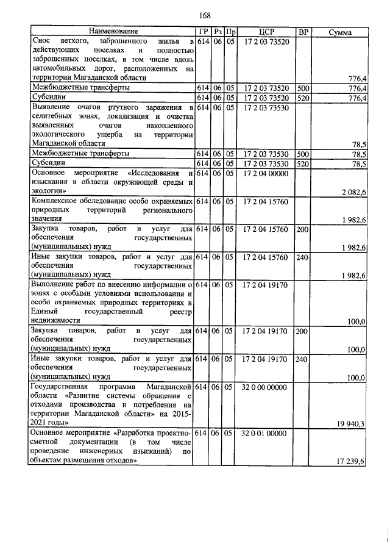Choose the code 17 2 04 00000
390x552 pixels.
[266, 173]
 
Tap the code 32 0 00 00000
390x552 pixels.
[266, 387]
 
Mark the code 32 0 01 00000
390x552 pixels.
[266, 432]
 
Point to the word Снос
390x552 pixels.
[41, 41]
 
